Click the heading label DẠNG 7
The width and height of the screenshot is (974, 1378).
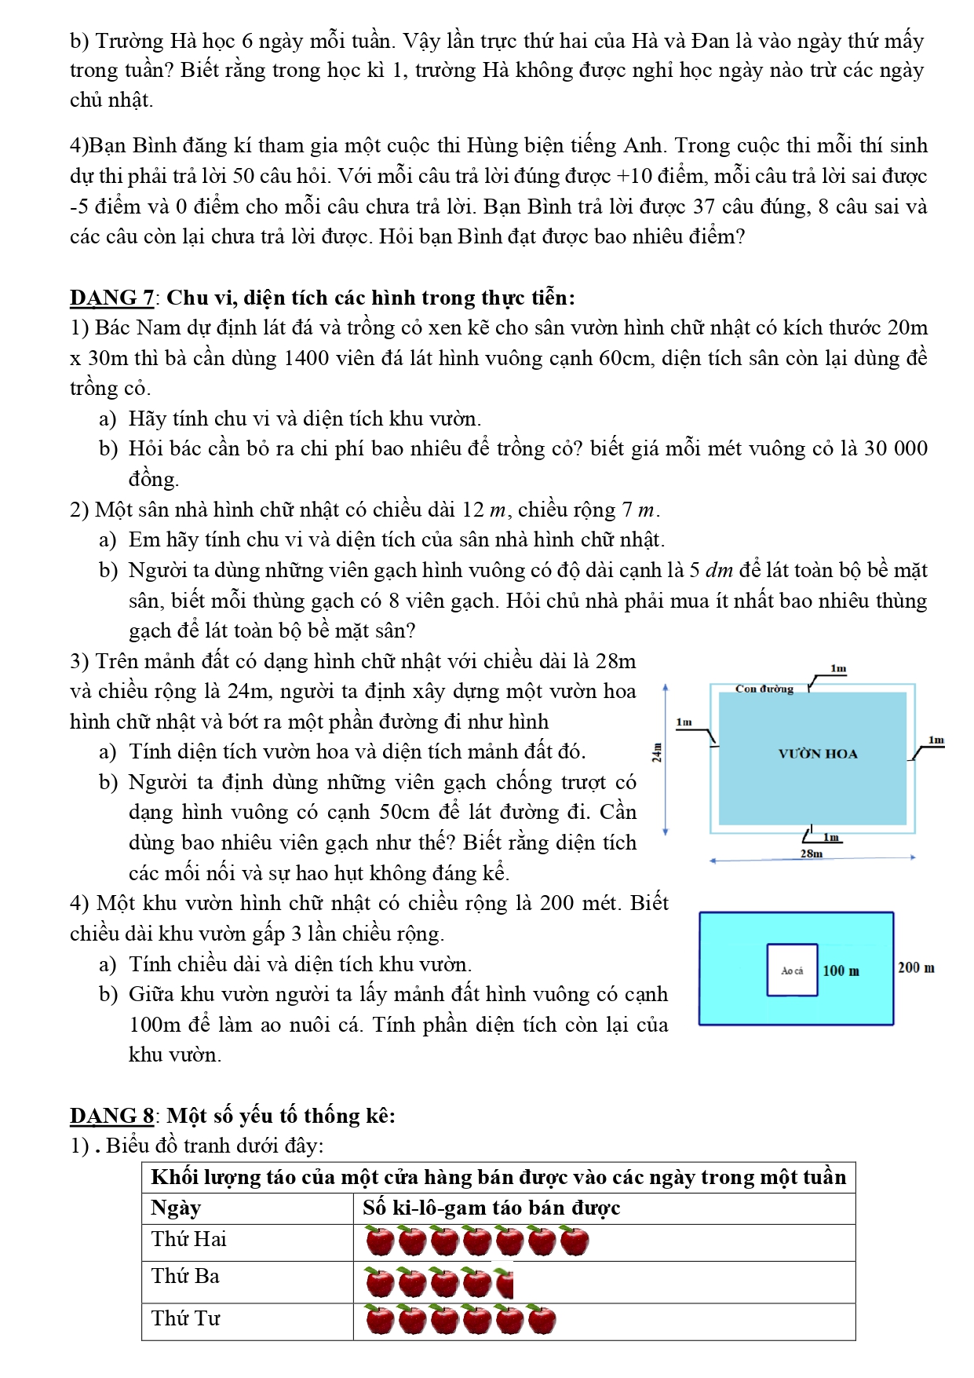(x=111, y=298)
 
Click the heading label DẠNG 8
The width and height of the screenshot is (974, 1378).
(x=111, y=1116)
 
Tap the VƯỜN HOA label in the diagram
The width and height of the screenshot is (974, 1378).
(x=818, y=754)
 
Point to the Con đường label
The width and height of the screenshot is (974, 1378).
(x=764, y=689)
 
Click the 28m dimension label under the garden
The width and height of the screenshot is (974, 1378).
(x=812, y=853)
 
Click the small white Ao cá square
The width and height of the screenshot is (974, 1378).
(x=793, y=970)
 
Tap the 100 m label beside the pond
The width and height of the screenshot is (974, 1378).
(x=841, y=971)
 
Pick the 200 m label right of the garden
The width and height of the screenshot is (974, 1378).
(x=916, y=967)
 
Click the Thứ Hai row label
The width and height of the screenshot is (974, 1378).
(x=188, y=1239)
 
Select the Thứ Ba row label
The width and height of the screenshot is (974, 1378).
(x=185, y=1276)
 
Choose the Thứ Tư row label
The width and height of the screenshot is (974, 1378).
(x=186, y=1318)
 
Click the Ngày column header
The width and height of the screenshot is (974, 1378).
(x=176, y=1208)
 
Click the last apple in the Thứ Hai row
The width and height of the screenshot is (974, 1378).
(x=575, y=1242)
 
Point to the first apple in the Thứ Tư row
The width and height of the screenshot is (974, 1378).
(x=381, y=1320)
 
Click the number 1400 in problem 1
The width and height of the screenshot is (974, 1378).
(x=307, y=358)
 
